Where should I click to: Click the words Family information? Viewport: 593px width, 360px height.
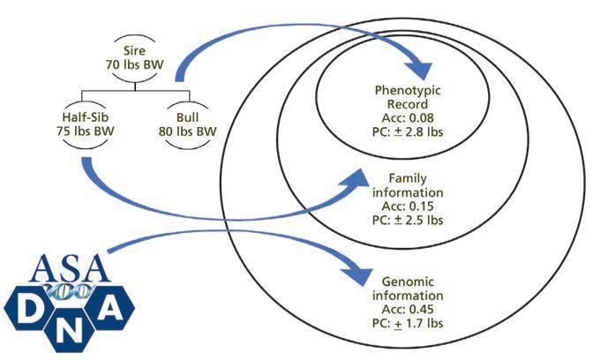click(408, 184)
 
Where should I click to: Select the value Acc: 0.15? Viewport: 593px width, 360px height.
click(408, 204)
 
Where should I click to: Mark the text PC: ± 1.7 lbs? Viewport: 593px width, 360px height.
click(407, 321)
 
